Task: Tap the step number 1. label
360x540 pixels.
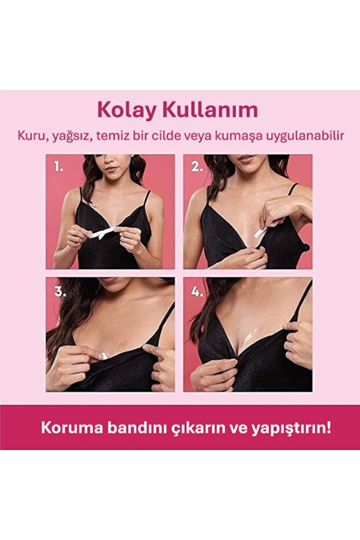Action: coord(59,167)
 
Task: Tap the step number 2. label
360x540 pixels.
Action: coord(197,167)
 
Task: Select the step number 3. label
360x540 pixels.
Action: coord(59,291)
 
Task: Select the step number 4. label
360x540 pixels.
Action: coord(197,291)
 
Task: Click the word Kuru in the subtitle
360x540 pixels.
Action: coord(31,135)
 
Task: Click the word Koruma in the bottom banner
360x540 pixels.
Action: coord(65,428)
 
